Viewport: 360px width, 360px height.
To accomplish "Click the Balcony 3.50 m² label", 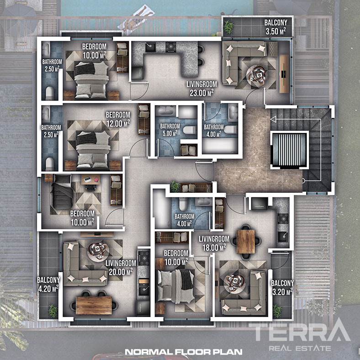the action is [276, 27].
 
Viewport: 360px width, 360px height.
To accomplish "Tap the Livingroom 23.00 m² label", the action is [201, 88].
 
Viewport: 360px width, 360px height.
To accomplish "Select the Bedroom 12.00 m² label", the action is [118, 119].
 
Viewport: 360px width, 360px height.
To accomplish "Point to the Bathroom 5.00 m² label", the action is [170, 130].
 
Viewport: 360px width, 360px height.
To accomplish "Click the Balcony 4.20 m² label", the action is [48, 284].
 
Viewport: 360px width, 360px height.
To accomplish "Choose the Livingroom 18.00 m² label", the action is [214, 243].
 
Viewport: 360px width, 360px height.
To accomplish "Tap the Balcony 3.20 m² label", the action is [282, 287].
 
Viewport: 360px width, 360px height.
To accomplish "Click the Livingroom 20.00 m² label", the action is [121, 267].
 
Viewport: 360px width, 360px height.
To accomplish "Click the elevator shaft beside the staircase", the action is [289, 150].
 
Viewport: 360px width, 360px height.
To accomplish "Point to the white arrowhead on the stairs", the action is [273, 119].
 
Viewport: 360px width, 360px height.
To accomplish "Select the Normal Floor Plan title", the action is [184, 352].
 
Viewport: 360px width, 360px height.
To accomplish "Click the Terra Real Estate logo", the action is [300, 335].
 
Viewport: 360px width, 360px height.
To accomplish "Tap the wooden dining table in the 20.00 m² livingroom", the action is [94, 305].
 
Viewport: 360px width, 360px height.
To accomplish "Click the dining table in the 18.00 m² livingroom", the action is [246, 242].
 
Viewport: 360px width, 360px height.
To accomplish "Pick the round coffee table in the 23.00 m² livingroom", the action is [257, 76].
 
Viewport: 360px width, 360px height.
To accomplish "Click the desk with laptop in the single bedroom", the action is [91, 180].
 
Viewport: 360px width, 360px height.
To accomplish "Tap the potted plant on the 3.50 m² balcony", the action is [228, 26].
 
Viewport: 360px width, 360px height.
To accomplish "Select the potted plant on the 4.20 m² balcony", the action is [53, 311].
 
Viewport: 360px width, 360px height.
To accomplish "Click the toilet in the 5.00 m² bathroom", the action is [190, 130].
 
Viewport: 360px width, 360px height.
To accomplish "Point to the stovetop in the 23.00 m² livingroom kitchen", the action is [171, 47].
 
